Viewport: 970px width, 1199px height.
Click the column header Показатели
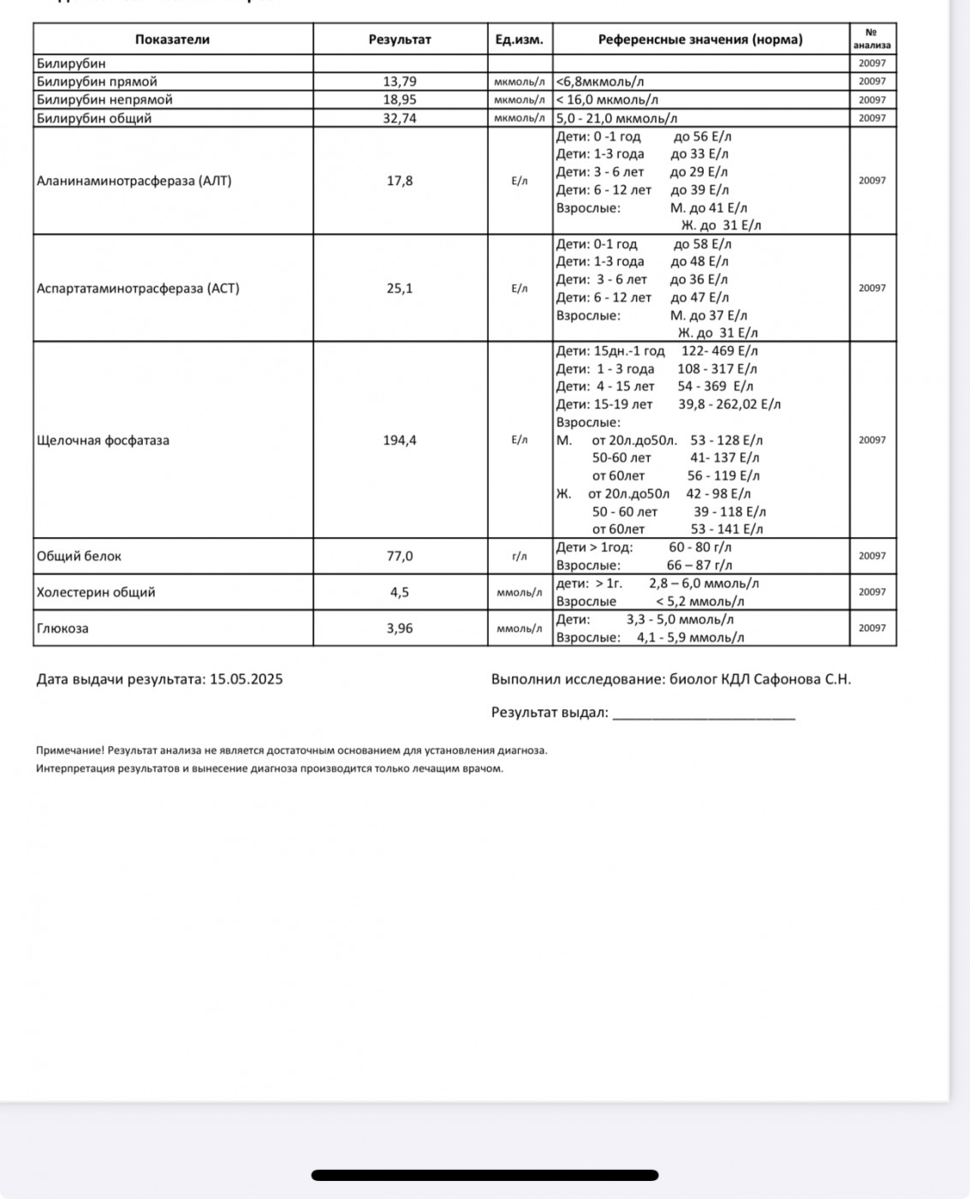(x=172, y=39)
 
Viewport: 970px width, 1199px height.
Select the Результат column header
(x=400, y=39)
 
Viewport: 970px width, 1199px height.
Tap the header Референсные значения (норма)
(x=700, y=39)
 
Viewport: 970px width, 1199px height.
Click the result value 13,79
(x=400, y=81)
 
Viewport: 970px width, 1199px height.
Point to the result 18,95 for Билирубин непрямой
(x=400, y=100)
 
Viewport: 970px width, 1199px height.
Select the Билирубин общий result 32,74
(x=400, y=118)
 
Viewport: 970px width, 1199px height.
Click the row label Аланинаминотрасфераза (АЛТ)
(x=134, y=181)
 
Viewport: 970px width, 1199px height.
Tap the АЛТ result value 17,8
(x=400, y=181)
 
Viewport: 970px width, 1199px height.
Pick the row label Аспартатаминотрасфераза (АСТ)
(x=138, y=289)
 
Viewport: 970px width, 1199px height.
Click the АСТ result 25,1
(x=400, y=289)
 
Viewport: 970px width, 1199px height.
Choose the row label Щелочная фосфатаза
(x=103, y=440)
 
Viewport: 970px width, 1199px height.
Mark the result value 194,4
(x=400, y=440)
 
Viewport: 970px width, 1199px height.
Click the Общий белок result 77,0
(x=400, y=556)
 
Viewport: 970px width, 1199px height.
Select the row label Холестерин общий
(x=96, y=592)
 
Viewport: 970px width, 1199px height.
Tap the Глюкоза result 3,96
(x=400, y=628)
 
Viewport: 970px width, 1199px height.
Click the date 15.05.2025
(x=246, y=679)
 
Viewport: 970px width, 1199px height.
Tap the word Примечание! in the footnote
(x=69, y=750)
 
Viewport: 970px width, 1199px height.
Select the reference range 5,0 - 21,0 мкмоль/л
(x=616, y=118)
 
